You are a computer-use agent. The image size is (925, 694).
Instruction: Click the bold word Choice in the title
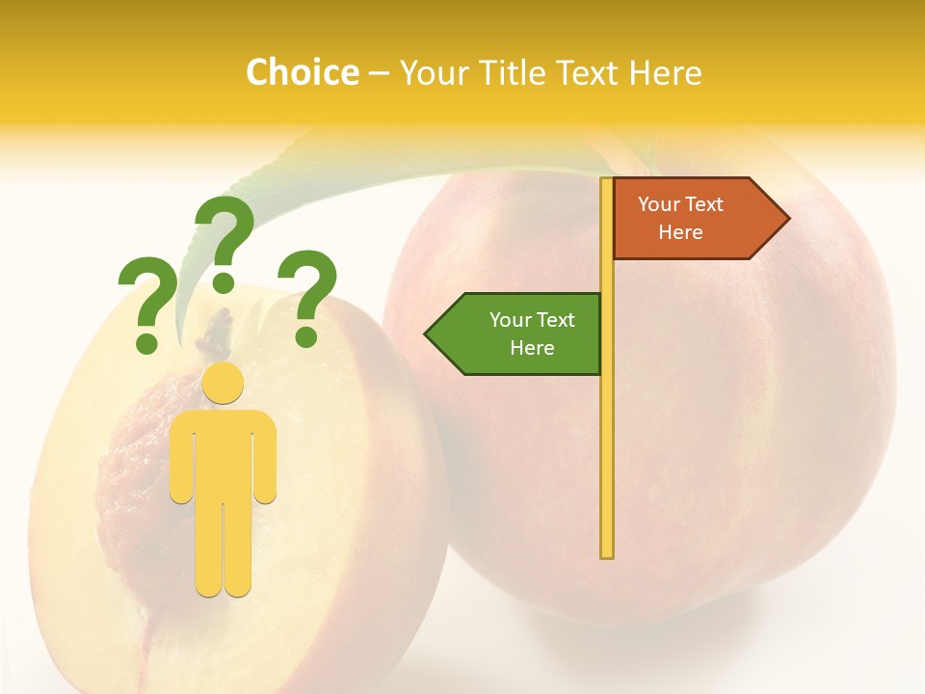[302, 73]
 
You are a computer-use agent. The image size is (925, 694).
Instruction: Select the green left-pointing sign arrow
[515, 334]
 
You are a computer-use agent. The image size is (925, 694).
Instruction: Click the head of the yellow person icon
[223, 383]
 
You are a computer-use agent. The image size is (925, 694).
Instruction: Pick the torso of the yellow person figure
[223, 453]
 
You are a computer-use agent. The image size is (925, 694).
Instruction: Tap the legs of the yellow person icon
[223, 549]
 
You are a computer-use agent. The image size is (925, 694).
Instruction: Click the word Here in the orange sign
[680, 232]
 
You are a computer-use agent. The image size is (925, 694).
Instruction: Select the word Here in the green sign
[532, 348]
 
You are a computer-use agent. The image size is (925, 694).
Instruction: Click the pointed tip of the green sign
[427, 334]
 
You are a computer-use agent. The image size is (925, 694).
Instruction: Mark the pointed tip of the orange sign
[787, 219]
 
